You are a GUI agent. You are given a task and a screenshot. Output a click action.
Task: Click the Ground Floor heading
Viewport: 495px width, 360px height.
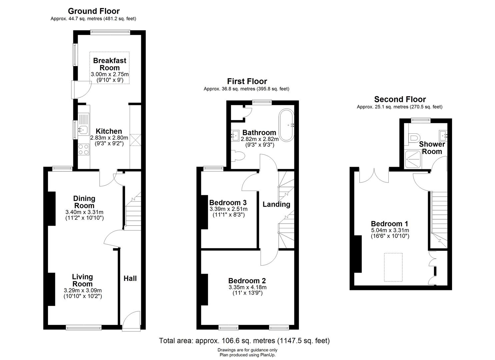(94, 11)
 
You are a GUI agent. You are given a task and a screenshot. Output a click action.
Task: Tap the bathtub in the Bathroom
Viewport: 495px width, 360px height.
(287, 125)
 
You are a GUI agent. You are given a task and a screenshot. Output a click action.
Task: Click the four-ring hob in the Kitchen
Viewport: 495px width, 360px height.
(84, 149)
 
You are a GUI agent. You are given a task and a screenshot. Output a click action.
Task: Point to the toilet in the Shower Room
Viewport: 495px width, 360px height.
(412, 138)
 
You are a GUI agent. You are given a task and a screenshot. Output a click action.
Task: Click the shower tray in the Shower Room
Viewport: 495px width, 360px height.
(413, 159)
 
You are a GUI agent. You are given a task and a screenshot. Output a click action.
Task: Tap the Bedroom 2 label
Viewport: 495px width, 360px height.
(247, 281)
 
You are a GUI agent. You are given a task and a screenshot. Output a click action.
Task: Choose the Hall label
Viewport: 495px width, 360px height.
(130, 278)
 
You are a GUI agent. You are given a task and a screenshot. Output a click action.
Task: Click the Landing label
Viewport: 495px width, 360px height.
(276, 204)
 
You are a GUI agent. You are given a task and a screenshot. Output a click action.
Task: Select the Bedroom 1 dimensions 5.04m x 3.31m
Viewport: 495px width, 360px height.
(390, 230)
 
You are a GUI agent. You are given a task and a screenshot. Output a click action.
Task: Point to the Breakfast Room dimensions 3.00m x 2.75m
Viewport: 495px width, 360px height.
(110, 74)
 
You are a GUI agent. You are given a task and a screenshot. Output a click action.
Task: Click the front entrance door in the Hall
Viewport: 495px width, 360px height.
(131, 321)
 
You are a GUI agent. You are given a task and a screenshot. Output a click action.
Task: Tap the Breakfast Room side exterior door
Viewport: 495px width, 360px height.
(81, 90)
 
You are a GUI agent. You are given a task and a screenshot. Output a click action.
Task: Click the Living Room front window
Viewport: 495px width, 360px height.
(84, 327)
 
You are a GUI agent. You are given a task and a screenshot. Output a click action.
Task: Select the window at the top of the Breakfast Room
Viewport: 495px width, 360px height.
(110, 32)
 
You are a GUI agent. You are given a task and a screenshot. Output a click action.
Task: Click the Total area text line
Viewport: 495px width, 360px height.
(244, 341)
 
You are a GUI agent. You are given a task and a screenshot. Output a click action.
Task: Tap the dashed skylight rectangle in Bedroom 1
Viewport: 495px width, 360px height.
(393, 267)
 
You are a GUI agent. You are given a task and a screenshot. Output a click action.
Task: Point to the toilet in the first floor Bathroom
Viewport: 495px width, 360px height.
(238, 156)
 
